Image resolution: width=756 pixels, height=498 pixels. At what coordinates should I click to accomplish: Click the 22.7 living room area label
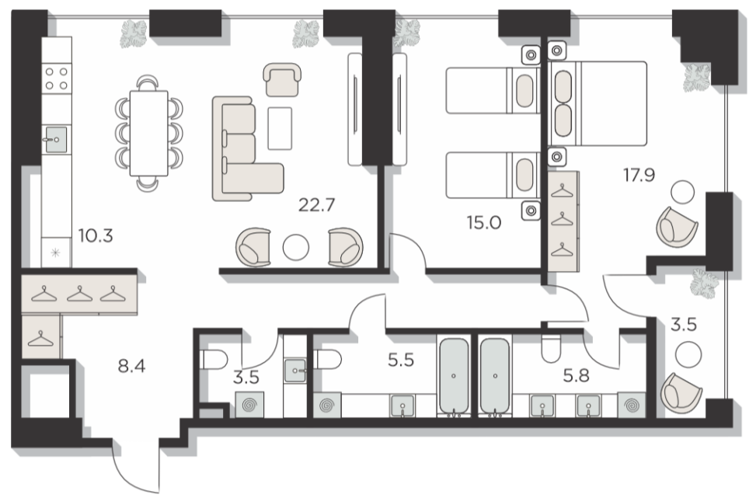316,205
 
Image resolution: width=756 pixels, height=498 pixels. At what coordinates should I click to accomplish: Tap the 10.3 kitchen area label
96,235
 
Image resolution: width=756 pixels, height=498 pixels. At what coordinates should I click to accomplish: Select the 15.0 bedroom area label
483,223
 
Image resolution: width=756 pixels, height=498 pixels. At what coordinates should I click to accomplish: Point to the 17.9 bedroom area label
639,175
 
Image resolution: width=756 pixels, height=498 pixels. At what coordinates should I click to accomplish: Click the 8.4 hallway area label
131,367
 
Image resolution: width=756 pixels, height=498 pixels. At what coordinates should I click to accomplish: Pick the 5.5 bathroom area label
401,360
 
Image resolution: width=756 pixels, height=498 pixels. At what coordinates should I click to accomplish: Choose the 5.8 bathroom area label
577,374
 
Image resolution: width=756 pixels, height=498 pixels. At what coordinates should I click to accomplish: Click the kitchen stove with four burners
57,78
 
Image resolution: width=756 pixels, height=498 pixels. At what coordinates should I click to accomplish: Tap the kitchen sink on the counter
56,139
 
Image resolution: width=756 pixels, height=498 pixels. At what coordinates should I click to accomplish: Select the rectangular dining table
149,134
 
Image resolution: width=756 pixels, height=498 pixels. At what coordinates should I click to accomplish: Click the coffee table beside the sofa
280,129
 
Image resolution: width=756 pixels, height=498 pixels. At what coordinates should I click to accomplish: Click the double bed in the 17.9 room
598,103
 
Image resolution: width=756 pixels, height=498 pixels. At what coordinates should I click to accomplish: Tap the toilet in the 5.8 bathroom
551,347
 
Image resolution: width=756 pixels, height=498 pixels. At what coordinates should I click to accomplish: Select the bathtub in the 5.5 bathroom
453,376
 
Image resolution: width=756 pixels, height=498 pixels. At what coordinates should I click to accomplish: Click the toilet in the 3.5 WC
213,360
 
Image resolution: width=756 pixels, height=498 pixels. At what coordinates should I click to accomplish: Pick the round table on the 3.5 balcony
688,354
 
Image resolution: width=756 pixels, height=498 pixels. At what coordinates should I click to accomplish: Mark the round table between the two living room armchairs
295,247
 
